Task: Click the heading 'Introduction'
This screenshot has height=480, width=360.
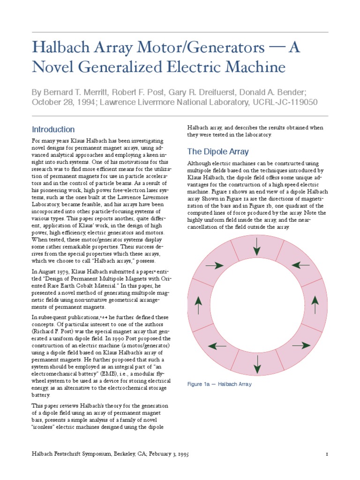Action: tap(53, 129)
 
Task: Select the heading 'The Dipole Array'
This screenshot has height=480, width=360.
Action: tap(217, 151)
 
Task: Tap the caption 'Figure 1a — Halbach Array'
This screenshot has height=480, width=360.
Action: tap(219, 384)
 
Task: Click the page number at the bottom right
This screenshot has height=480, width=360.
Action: tap(326, 455)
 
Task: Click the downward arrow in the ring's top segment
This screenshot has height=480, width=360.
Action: tap(256, 247)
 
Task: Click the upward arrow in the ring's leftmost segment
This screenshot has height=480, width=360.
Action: tap(199, 305)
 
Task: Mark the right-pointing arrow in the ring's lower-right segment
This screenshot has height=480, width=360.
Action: tap(300, 345)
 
